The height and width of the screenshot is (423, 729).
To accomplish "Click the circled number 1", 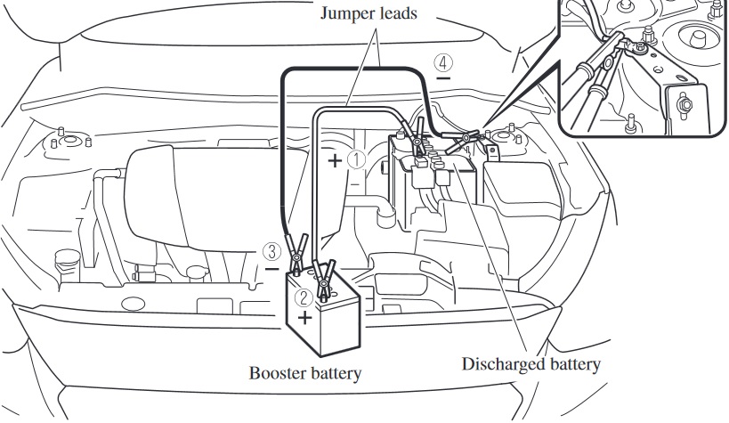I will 356,159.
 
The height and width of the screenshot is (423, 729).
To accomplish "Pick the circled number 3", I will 276,252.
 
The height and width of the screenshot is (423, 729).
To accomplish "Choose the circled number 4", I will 442,63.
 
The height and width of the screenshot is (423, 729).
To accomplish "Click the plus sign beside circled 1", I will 335,161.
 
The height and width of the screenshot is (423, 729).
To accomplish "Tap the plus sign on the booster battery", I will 304,317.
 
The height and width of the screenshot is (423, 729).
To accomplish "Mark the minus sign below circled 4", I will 442,79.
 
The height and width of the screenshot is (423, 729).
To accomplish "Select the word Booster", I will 278,373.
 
